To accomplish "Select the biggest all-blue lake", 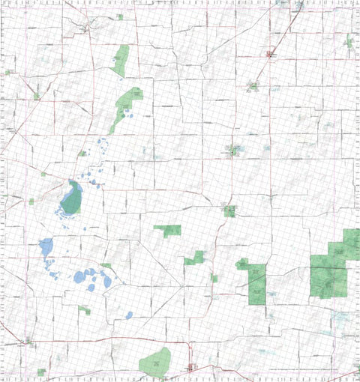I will [x=46, y=247].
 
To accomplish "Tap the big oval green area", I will [x=155, y=362].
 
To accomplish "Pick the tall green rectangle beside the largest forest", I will [x=256, y=284].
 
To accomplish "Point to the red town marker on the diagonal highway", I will [x=271, y=54].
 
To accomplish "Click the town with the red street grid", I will [x=191, y=368].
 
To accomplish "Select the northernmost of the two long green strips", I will [x=120, y=60].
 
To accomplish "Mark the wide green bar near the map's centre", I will [x=168, y=230].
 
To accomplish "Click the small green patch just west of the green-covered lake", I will [x=32, y=201].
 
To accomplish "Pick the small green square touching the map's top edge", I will [x=119, y=16].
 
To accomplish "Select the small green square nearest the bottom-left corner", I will [x=41, y=372].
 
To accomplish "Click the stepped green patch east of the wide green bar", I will [x=196, y=258].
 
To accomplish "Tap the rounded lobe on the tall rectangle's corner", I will [x=241, y=264].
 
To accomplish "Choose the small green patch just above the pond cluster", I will [x=106, y=266].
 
